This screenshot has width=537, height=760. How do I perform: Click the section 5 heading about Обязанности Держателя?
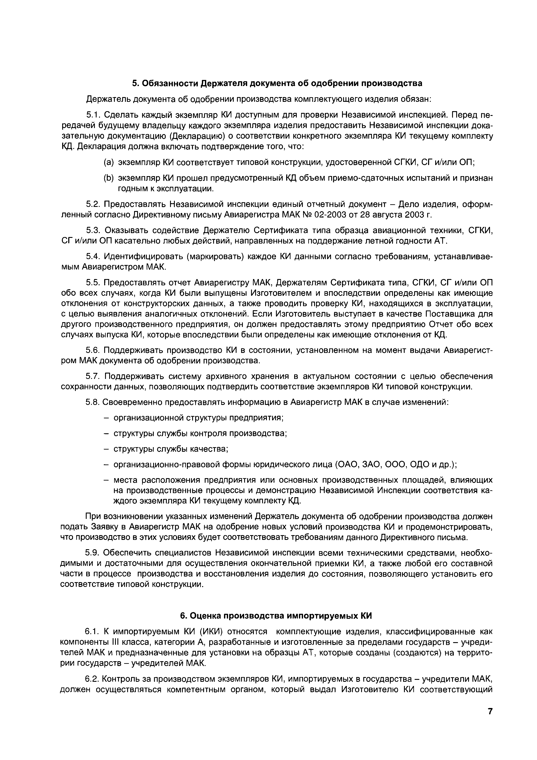coord(277,83)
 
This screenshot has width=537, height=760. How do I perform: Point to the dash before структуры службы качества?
coord(106,449)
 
